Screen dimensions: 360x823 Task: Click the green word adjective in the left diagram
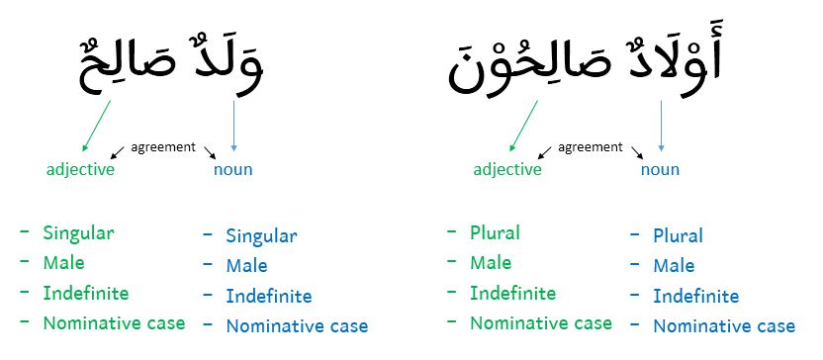click(80, 169)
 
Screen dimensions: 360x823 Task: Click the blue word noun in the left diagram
click(232, 169)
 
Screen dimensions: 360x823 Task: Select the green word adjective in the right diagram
click(507, 169)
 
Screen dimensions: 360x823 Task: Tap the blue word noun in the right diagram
click(660, 169)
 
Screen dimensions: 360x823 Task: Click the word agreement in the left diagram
click(163, 147)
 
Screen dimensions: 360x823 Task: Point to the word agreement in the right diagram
click(591, 147)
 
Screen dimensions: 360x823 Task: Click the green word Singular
click(78, 234)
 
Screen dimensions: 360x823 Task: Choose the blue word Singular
click(261, 236)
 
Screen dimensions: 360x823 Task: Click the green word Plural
click(495, 233)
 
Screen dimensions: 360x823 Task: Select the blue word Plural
click(678, 236)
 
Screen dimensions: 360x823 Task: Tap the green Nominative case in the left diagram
click(114, 323)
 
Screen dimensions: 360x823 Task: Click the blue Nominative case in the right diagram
click(724, 326)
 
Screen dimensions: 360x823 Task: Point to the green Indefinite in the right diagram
click(512, 294)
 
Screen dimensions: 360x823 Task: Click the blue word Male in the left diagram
click(246, 266)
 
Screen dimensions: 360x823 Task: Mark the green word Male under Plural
click(491, 263)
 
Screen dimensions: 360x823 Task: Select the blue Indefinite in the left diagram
click(268, 296)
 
